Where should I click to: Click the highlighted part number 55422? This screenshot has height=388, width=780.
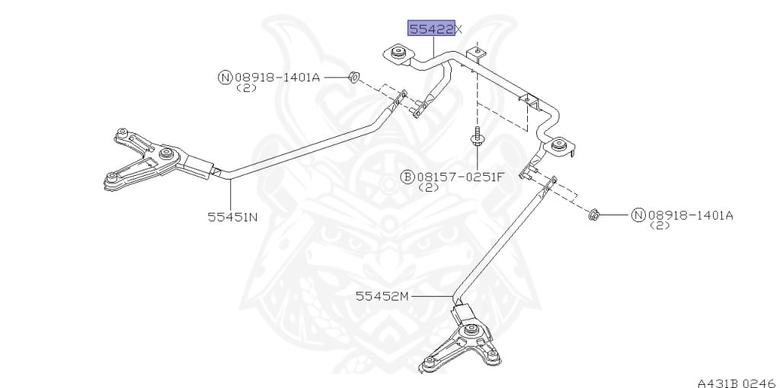pos(431,29)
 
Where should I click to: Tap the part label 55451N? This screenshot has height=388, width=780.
pos(232,216)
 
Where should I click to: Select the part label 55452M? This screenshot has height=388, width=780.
pos(382,296)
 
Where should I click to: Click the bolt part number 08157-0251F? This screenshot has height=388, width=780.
pos(460,177)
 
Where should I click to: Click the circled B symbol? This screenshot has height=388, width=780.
pos(408,177)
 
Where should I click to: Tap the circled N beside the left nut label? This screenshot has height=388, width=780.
pos(225,77)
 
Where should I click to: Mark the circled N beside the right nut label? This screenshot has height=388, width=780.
pos(638,215)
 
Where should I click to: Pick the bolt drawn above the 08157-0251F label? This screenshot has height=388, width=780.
pos(475,140)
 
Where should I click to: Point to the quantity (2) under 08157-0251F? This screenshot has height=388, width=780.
pos(429,187)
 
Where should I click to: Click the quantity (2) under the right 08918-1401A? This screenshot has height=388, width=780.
pos(659,226)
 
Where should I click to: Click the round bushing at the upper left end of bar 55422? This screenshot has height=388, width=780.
pos(398,53)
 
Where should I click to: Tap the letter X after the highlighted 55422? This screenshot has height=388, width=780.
pos(459,29)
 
